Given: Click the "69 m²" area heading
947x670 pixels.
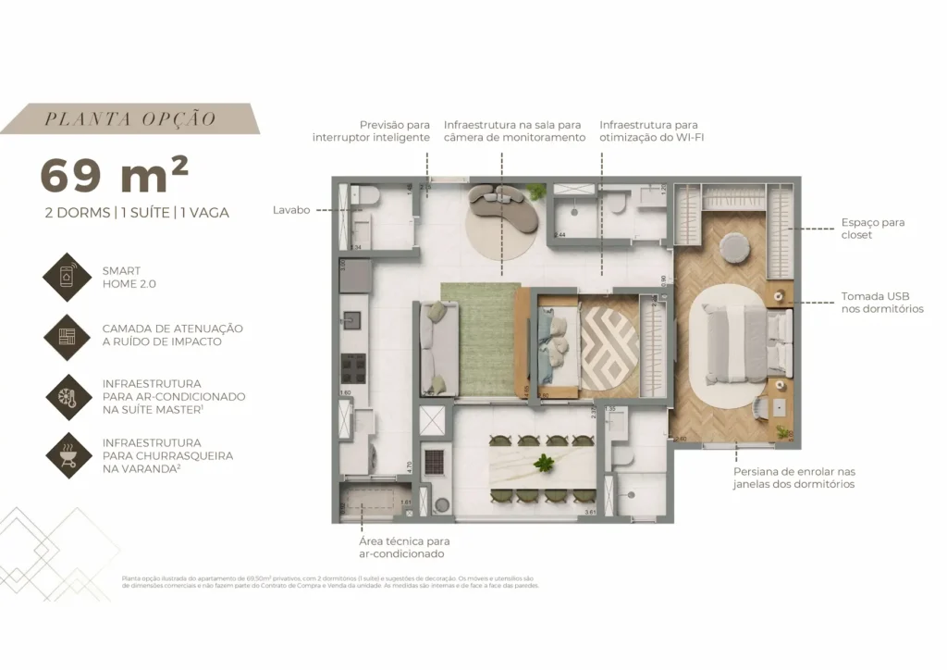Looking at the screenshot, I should coord(115,175).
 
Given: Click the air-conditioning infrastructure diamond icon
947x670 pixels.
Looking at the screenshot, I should coord(69,396).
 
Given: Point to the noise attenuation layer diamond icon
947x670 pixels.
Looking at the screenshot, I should coord(69,336).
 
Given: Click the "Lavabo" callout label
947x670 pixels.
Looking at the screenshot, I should coord(291,210).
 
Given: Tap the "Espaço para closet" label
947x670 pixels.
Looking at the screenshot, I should coord(872,229).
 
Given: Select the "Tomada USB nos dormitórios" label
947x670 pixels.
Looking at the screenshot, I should coord(881,303).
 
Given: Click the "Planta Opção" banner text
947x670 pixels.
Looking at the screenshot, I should coord(130,118).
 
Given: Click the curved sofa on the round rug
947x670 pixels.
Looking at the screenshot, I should coord(503,209).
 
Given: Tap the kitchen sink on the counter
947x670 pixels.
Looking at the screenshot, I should coord(353,320).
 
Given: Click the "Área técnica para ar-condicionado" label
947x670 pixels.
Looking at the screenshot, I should coord(404,547).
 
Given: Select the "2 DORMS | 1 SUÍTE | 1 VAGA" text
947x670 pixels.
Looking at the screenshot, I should coord(137,212).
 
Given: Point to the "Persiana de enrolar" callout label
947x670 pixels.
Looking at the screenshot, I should coord(793,478).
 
